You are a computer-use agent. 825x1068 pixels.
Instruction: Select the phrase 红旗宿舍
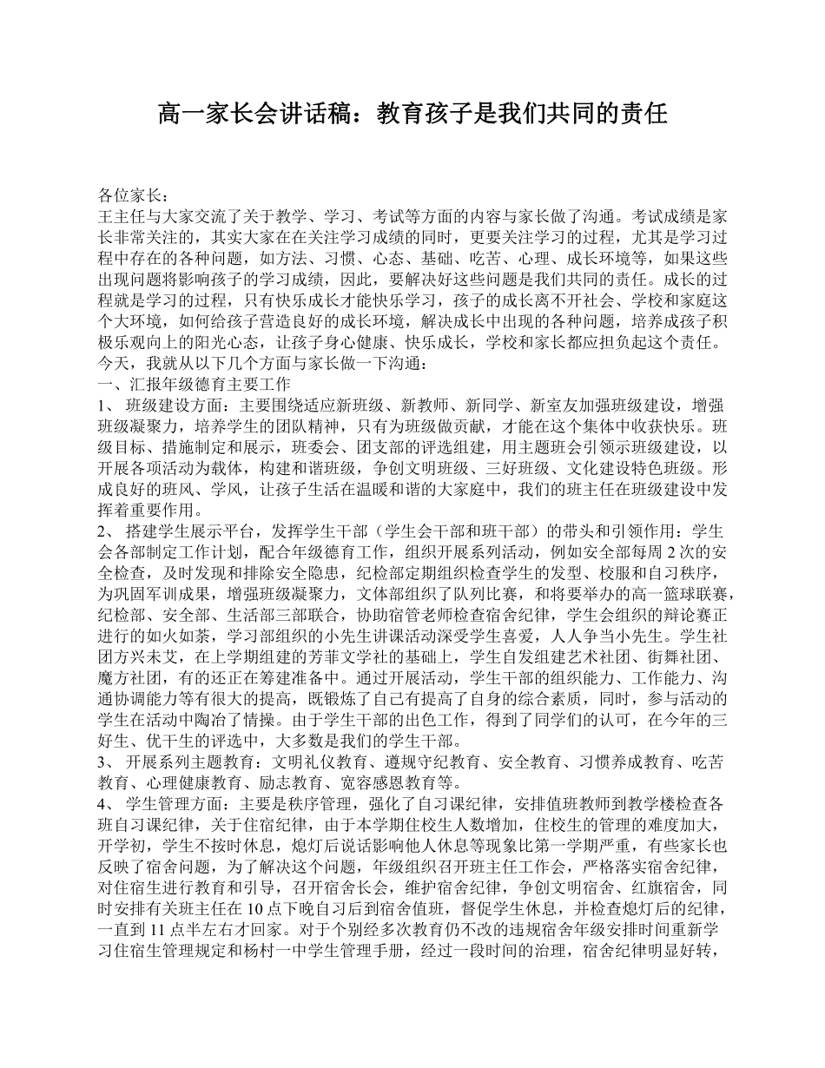pyautogui.click(x=668, y=887)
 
